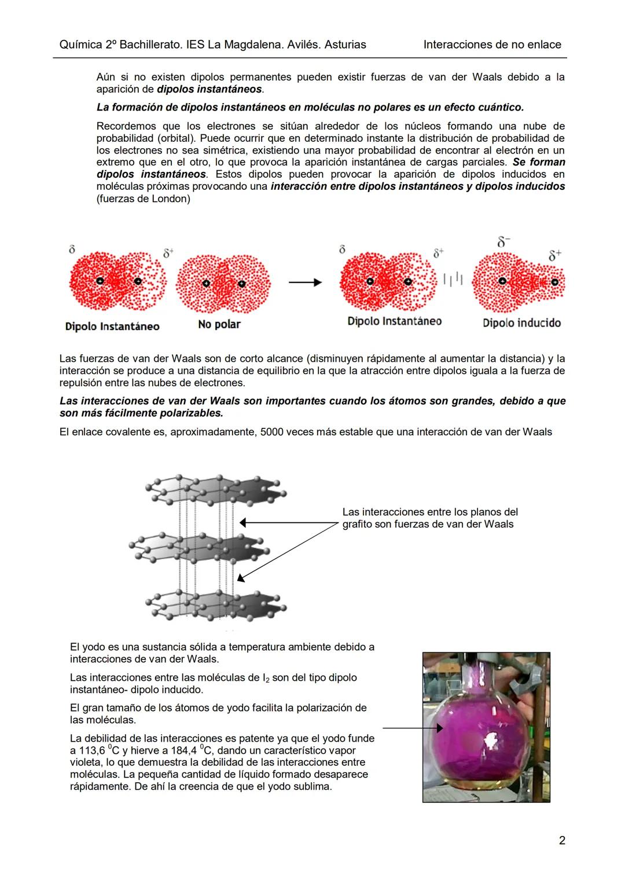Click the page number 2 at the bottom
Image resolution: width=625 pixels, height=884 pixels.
[x=562, y=840]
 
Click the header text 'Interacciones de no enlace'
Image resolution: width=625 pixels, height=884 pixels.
[x=492, y=45]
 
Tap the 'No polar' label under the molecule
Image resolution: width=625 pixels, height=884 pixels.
[x=219, y=324]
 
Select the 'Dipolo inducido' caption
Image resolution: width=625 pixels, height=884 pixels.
[x=521, y=323]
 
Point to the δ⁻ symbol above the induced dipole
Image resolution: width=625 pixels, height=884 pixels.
[x=503, y=243]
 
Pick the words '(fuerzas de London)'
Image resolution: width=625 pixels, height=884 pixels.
[x=143, y=199]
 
